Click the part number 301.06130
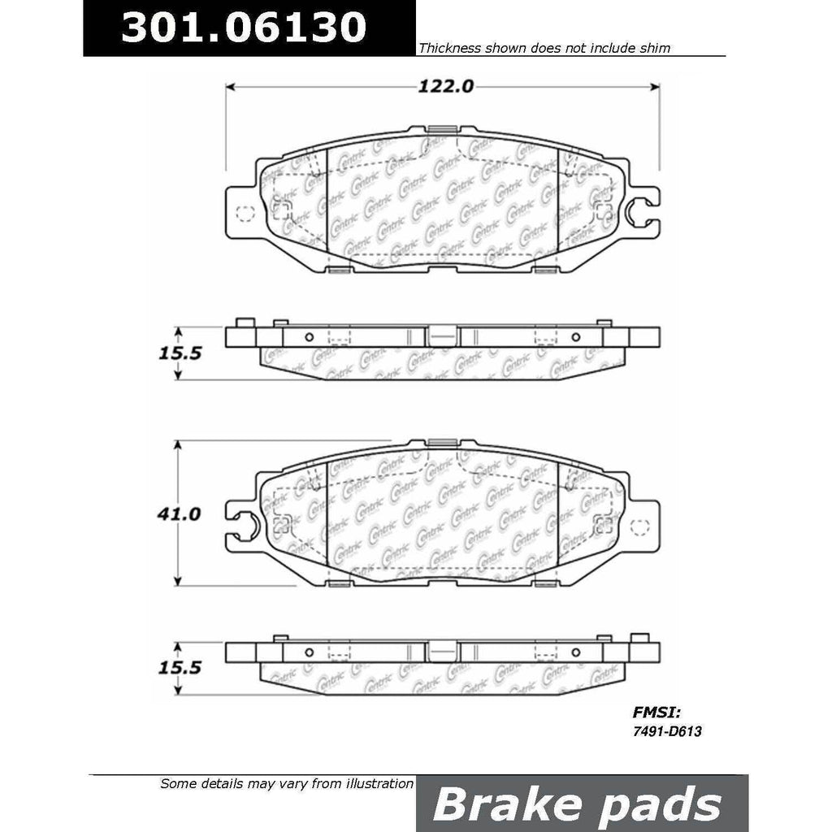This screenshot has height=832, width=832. (x=240, y=27)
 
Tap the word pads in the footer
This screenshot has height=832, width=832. (x=653, y=804)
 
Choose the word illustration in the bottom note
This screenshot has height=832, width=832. (x=375, y=784)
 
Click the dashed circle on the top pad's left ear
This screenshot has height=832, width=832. (x=243, y=214)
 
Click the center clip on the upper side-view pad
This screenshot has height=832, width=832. (x=441, y=335)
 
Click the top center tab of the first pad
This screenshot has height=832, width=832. (x=442, y=128)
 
